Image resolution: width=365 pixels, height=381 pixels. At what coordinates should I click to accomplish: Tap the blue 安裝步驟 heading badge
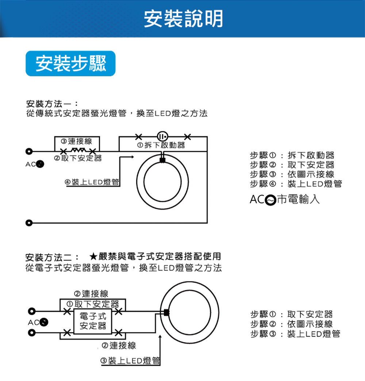[70, 64]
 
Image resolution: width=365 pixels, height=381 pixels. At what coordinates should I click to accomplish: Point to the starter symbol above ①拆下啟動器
[162, 137]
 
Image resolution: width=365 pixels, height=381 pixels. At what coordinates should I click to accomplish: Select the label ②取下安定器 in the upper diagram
[78, 158]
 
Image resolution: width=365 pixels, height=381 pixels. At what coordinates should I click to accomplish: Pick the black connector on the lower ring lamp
[166, 312]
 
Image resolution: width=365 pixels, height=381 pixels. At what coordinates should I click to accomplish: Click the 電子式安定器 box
[93, 322]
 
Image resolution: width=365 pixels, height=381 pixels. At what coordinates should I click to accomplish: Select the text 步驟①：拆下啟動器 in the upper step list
[292, 155]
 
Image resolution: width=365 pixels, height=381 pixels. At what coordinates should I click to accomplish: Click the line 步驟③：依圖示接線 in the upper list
[292, 174]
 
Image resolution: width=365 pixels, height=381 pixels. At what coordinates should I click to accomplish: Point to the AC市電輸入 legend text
[285, 200]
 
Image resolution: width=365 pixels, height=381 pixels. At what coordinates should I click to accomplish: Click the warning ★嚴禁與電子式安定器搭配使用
[155, 257]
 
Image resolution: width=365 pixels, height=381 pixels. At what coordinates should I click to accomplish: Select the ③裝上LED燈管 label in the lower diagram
[130, 361]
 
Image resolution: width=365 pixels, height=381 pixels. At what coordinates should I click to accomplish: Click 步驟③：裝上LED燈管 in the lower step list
[295, 334]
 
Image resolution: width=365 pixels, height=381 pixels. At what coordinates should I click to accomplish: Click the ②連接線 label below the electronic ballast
[119, 345]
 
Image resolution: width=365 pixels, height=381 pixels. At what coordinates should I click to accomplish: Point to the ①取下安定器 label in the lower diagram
[92, 304]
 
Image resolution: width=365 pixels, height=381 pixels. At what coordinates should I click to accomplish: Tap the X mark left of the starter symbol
[138, 137]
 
